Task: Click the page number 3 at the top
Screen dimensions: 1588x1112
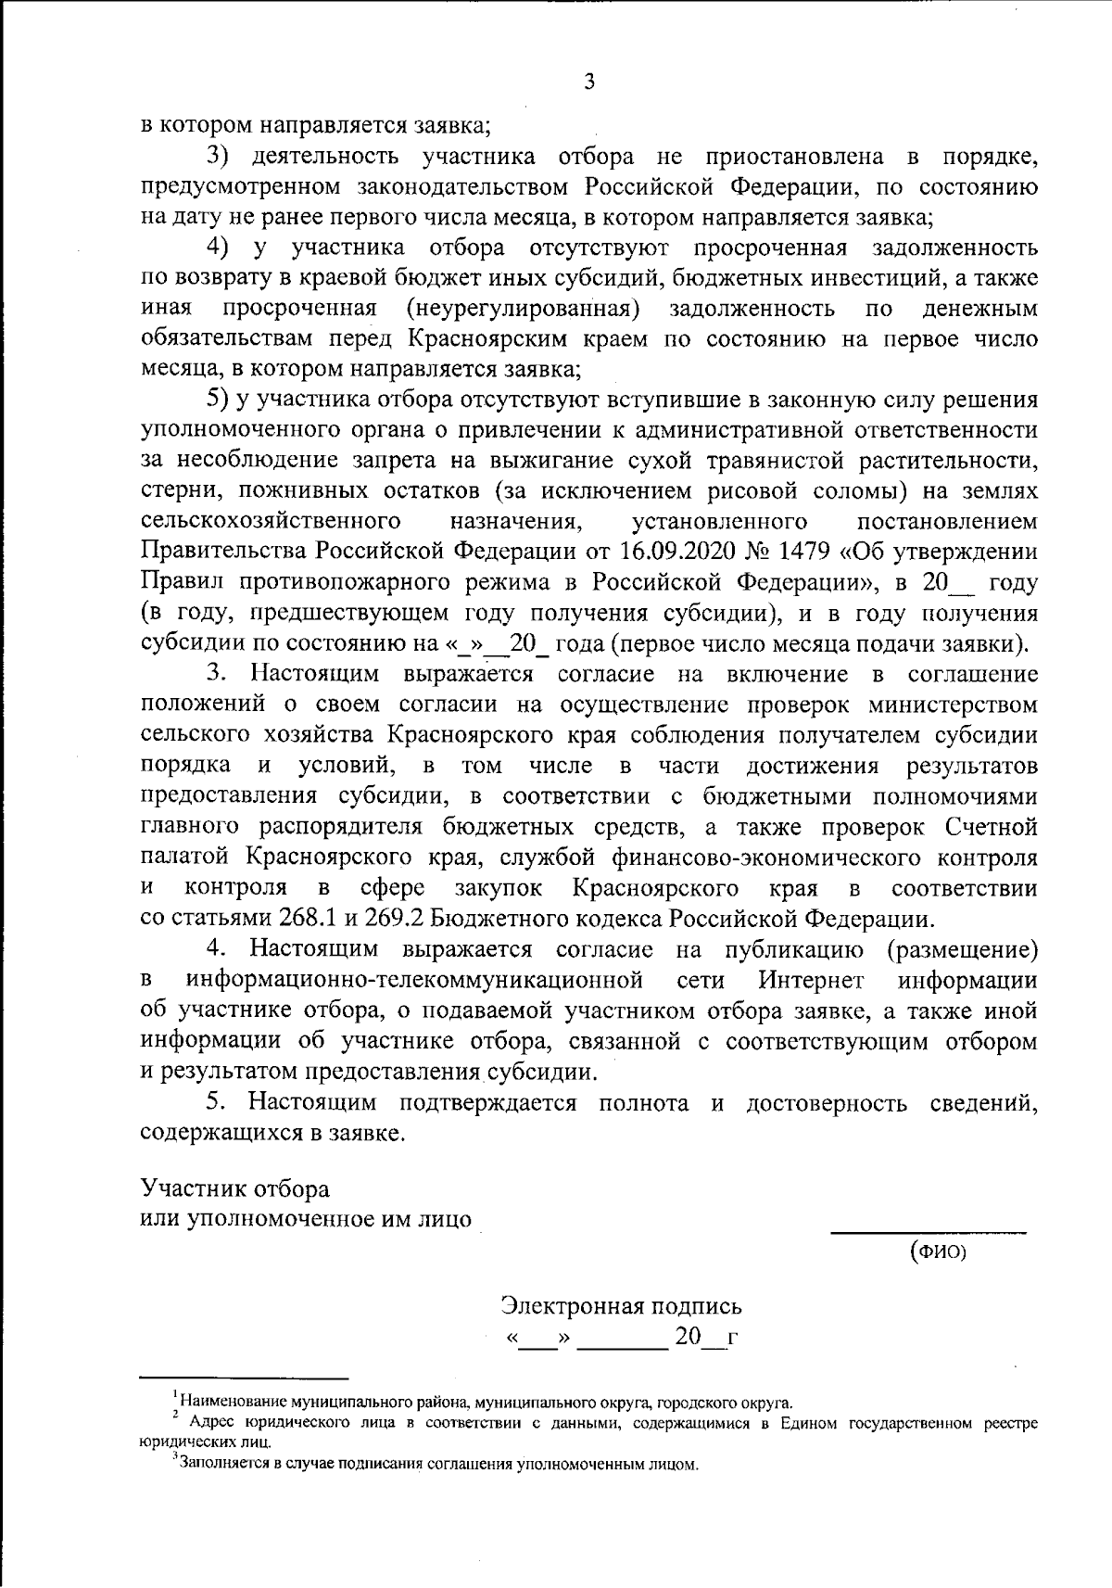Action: [x=589, y=82]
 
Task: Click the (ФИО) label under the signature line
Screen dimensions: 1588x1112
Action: [x=938, y=1253]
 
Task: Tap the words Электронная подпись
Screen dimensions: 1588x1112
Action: [x=621, y=1305]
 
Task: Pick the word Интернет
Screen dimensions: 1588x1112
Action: [x=812, y=980]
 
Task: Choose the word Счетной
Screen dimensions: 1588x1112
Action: [x=991, y=827]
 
